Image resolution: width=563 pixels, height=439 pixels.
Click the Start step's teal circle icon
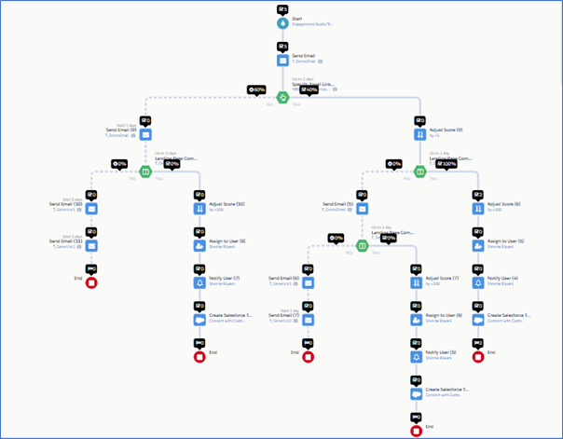point(283,23)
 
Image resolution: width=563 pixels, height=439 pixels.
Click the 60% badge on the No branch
point(257,90)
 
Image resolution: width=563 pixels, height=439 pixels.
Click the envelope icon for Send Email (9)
point(144,134)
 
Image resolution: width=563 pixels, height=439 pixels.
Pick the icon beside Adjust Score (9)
point(419,134)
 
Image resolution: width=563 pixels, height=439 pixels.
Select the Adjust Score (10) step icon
point(199,209)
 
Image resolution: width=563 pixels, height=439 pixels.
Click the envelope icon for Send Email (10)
point(91,209)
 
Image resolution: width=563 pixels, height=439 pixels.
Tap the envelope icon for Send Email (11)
point(91,246)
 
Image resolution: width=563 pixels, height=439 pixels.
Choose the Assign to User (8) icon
point(199,246)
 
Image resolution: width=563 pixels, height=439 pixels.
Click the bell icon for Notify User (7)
point(199,282)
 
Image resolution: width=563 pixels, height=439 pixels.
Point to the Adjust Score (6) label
point(505,204)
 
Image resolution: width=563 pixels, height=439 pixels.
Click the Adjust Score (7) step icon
point(416,282)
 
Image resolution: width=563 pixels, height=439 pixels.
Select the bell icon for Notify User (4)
point(477,282)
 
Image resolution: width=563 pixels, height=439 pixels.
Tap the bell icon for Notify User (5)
point(416,357)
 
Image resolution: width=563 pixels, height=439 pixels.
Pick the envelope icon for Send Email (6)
point(308,282)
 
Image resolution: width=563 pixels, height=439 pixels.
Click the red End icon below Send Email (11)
point(91,282)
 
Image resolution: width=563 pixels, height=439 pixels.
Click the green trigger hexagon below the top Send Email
point(283,96)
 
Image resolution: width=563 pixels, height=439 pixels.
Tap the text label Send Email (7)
point(283,316)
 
